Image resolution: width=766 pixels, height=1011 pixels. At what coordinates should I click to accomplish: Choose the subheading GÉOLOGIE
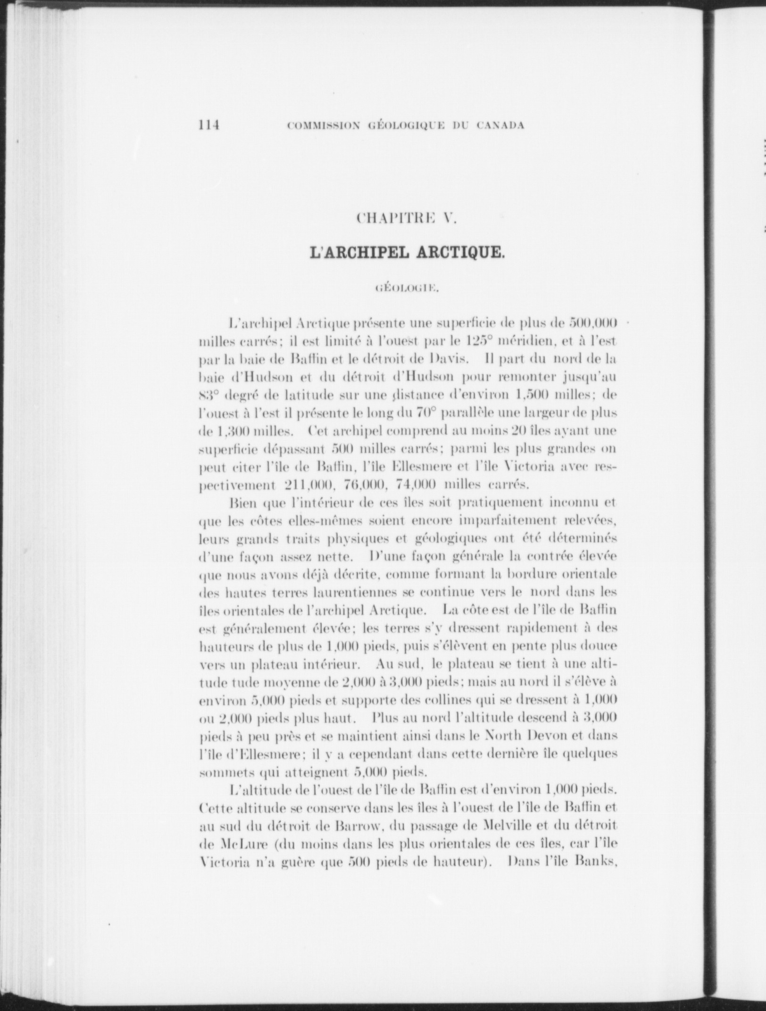407,286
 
